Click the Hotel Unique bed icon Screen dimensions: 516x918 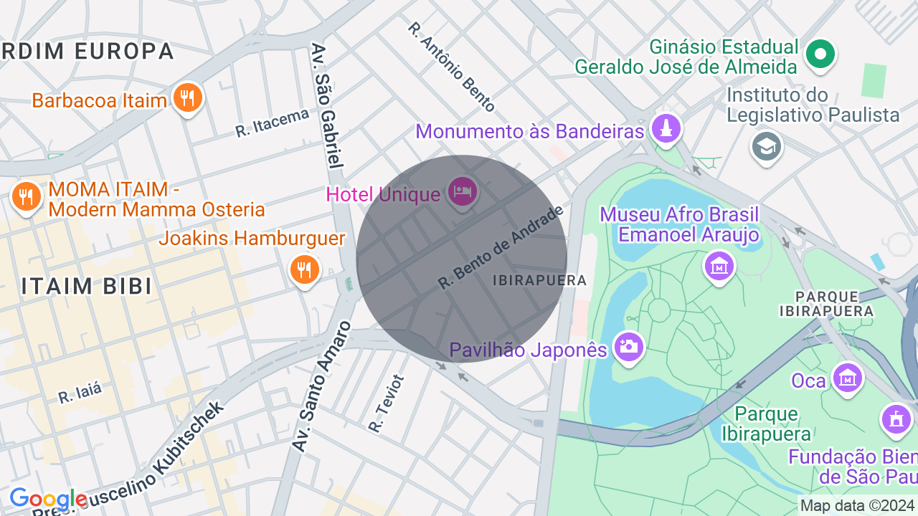pos(463,191)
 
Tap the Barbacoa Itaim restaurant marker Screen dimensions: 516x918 pos(188,97)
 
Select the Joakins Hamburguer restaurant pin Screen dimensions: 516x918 pos(304,269)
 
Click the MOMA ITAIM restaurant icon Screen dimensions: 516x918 pos(27,196)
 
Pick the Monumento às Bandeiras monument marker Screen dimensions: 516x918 pos(666,129)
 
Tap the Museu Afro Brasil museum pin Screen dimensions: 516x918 pos(719,266)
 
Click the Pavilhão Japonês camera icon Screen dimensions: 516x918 pos(629,348)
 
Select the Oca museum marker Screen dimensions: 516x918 pos(847,377)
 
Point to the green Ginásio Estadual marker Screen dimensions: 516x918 pos(820,54)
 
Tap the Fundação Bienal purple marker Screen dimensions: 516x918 pos(896,419)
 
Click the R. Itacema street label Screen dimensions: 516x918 pos(272,123)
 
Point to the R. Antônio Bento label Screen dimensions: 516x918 pos(451,67)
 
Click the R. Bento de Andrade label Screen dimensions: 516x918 pos(501,247)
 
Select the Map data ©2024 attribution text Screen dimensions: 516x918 pos(858,506)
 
